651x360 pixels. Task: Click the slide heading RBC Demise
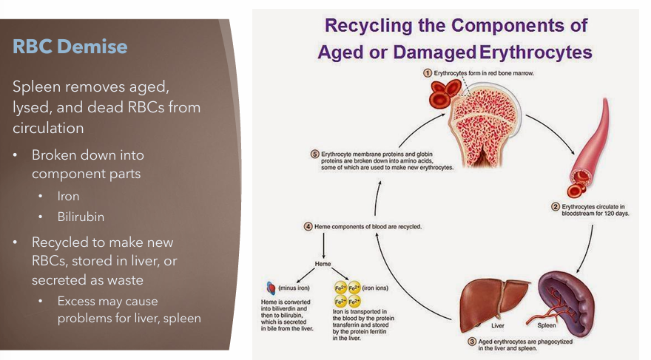[x=70, y=46]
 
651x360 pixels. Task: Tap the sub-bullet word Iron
[x=68, y=196]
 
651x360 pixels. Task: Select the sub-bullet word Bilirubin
[x=81, y=217]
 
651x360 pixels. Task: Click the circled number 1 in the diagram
[x=428, y=73]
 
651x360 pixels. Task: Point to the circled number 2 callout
[x=556, y=206]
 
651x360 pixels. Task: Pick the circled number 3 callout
[x=472, y=342]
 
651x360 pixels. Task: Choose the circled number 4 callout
[x=308, y=226]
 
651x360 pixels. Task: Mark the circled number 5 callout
[x=314, y=154]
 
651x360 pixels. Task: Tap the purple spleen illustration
[x=567, y=302]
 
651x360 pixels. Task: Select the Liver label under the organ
[x=497, y=325]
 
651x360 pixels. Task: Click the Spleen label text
[x=547, y=325]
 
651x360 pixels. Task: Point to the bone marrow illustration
[x=484, y=124]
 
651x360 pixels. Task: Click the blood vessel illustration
[x=590, y=145]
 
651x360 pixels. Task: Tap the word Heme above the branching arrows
[x=323, y=264]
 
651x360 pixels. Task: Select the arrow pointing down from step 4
[x=324, y=245]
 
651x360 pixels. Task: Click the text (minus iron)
[x=294, y=288]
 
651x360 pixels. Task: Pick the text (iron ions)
[x=375, y=288]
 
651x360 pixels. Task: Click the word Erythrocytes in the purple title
[x=536, y=52]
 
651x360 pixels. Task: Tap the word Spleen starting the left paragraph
[x=36, y=87]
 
